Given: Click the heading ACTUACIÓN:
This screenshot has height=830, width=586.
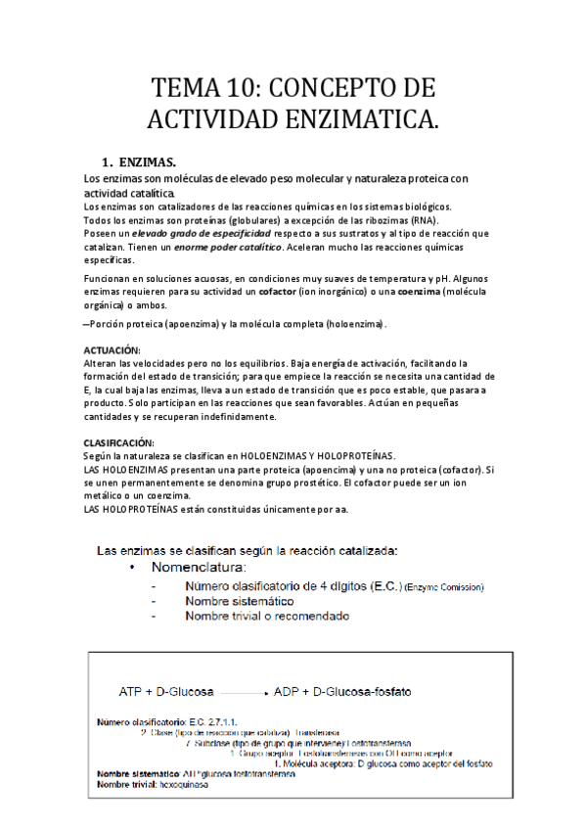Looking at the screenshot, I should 112,349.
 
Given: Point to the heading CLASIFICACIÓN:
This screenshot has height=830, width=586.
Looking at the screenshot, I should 118,442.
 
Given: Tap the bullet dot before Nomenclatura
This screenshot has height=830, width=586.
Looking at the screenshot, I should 131,567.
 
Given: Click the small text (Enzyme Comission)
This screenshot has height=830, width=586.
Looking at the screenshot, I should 444,587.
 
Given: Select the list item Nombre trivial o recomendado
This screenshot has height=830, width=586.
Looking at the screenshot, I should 267,617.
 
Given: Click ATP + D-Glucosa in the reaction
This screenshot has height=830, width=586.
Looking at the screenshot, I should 166,692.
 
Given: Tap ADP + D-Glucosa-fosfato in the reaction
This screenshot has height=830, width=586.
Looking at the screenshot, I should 342,692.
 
